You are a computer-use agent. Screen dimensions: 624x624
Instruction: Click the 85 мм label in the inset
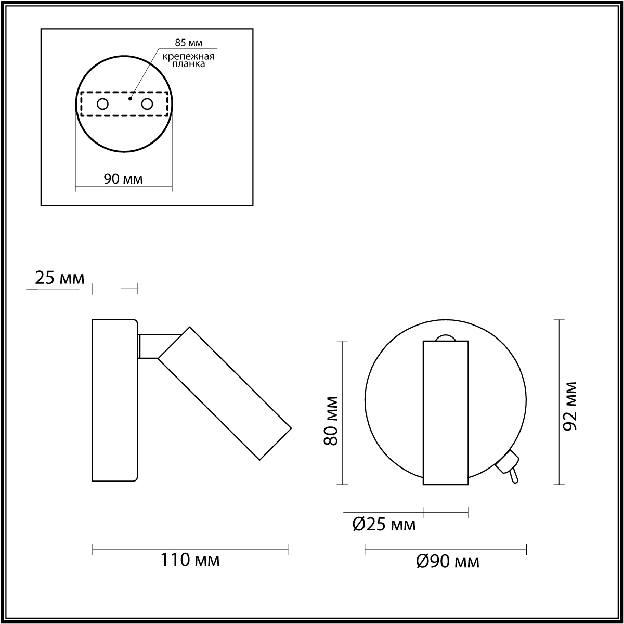coord(188,43)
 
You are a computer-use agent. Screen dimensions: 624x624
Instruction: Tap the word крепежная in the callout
coord(188,57)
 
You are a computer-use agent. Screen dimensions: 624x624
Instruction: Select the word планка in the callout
coord(188,64)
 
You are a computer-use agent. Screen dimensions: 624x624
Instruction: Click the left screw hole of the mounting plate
coord(102,105)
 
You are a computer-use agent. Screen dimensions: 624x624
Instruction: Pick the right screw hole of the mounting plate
coord(147,105)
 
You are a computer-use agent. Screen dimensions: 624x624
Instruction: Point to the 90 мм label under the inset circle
coord(123,179)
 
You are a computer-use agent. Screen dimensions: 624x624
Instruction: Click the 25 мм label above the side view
coord(60,278)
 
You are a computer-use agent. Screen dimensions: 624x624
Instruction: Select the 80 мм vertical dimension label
coord(331,421)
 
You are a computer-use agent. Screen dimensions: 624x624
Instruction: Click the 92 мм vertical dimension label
coord(570,407)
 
